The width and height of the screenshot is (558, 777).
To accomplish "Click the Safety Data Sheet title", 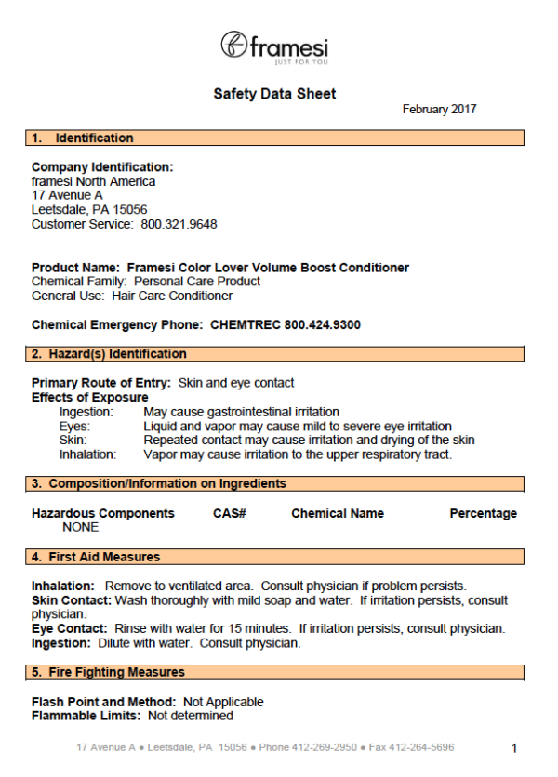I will (274, 94).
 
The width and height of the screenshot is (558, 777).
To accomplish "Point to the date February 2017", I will (439, 110).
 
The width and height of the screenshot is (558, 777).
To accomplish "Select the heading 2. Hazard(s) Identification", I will (109, 354).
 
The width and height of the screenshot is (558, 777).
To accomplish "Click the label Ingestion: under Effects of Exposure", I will (86, 412).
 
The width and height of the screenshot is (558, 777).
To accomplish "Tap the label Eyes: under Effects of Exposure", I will (75, 426).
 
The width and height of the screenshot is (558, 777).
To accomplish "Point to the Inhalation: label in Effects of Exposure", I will (87, 454).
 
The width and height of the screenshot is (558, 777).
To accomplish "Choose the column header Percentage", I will (483, 513).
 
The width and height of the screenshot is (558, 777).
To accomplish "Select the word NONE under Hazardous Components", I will (80, 527).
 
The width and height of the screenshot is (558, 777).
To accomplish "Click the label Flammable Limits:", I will (86, 717).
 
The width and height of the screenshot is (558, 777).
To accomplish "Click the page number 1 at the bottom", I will (514, 747).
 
